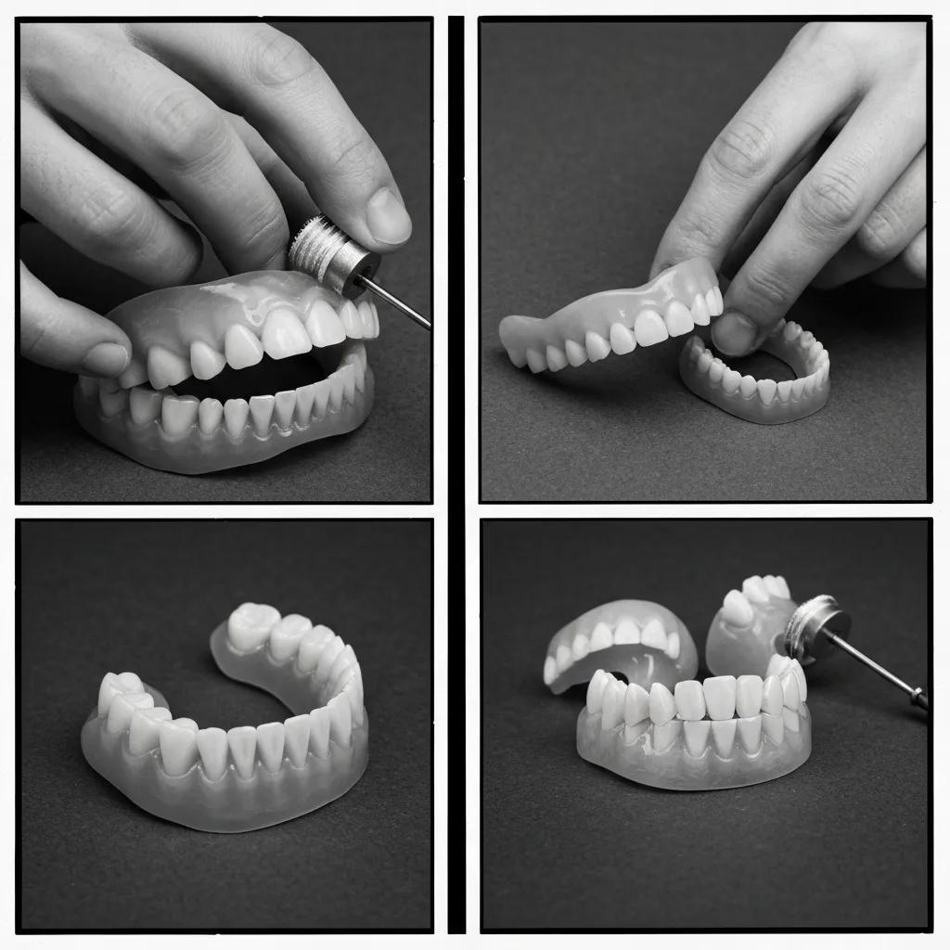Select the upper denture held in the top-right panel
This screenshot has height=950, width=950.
[x=612, y=320]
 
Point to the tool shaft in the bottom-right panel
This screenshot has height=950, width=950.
[x=881, y=667]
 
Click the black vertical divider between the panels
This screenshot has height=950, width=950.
[x=456, y=473]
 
